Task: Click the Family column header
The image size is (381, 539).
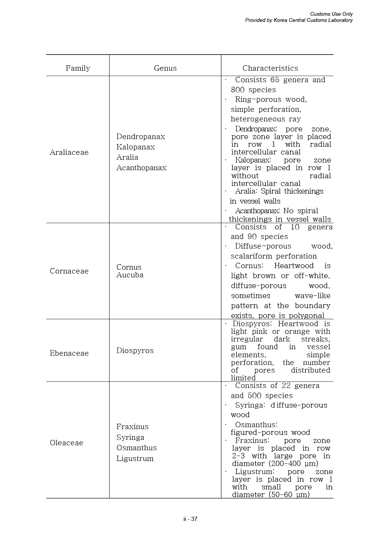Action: coord(78,68)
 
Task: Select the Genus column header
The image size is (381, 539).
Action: coord(165,68)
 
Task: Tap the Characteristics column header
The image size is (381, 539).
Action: coord(270,68)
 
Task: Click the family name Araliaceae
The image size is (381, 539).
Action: coord(69,153)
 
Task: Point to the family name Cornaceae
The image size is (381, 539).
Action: coord(69,271)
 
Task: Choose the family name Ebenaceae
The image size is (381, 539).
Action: coord(69,353)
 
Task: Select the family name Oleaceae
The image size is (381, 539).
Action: coord(66,443)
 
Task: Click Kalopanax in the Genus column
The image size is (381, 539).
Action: coord(135,147)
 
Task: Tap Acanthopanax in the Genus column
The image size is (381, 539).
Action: coord(141,168)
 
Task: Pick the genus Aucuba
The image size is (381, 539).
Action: coord(130,275)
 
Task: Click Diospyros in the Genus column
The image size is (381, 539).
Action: coord(135,351)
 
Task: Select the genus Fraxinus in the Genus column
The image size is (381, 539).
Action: coord(132,427)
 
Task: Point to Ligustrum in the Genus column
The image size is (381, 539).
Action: coord(135,459)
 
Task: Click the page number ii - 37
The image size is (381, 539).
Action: coord(190,519)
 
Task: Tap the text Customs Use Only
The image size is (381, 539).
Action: coord(331,14)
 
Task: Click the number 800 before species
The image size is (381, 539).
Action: coord(238,90)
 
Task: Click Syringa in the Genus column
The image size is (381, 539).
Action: coord(130,438)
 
